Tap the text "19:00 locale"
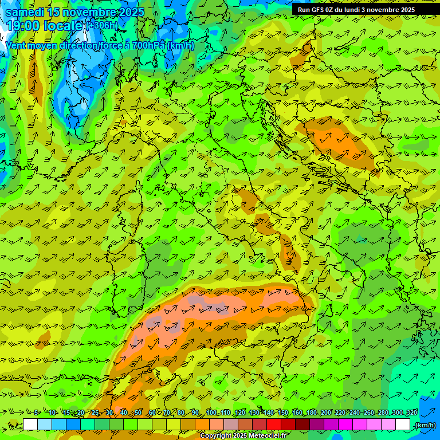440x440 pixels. click(x=45, y=25)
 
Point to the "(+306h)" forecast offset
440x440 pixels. click(x=103, y=25)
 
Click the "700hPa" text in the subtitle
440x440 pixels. click(x=149, y=45)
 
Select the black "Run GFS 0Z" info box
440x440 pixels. click(x=362, y=10)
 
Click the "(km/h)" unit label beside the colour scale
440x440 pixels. click(x=425, y=425)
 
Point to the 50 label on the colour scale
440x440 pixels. click(x=138, y=413)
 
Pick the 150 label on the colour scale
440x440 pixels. click(x=282, y=413)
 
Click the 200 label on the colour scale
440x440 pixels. click(x=326, y=413)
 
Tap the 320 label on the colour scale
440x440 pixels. click(x=412, y=413)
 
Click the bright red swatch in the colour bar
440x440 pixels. click(x=274, y=425)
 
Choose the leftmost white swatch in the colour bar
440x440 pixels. click(x=30, y=425)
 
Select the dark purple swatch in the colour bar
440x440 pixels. click(x=317, y=425)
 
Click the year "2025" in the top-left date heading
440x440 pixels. click(x=131, y=13)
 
